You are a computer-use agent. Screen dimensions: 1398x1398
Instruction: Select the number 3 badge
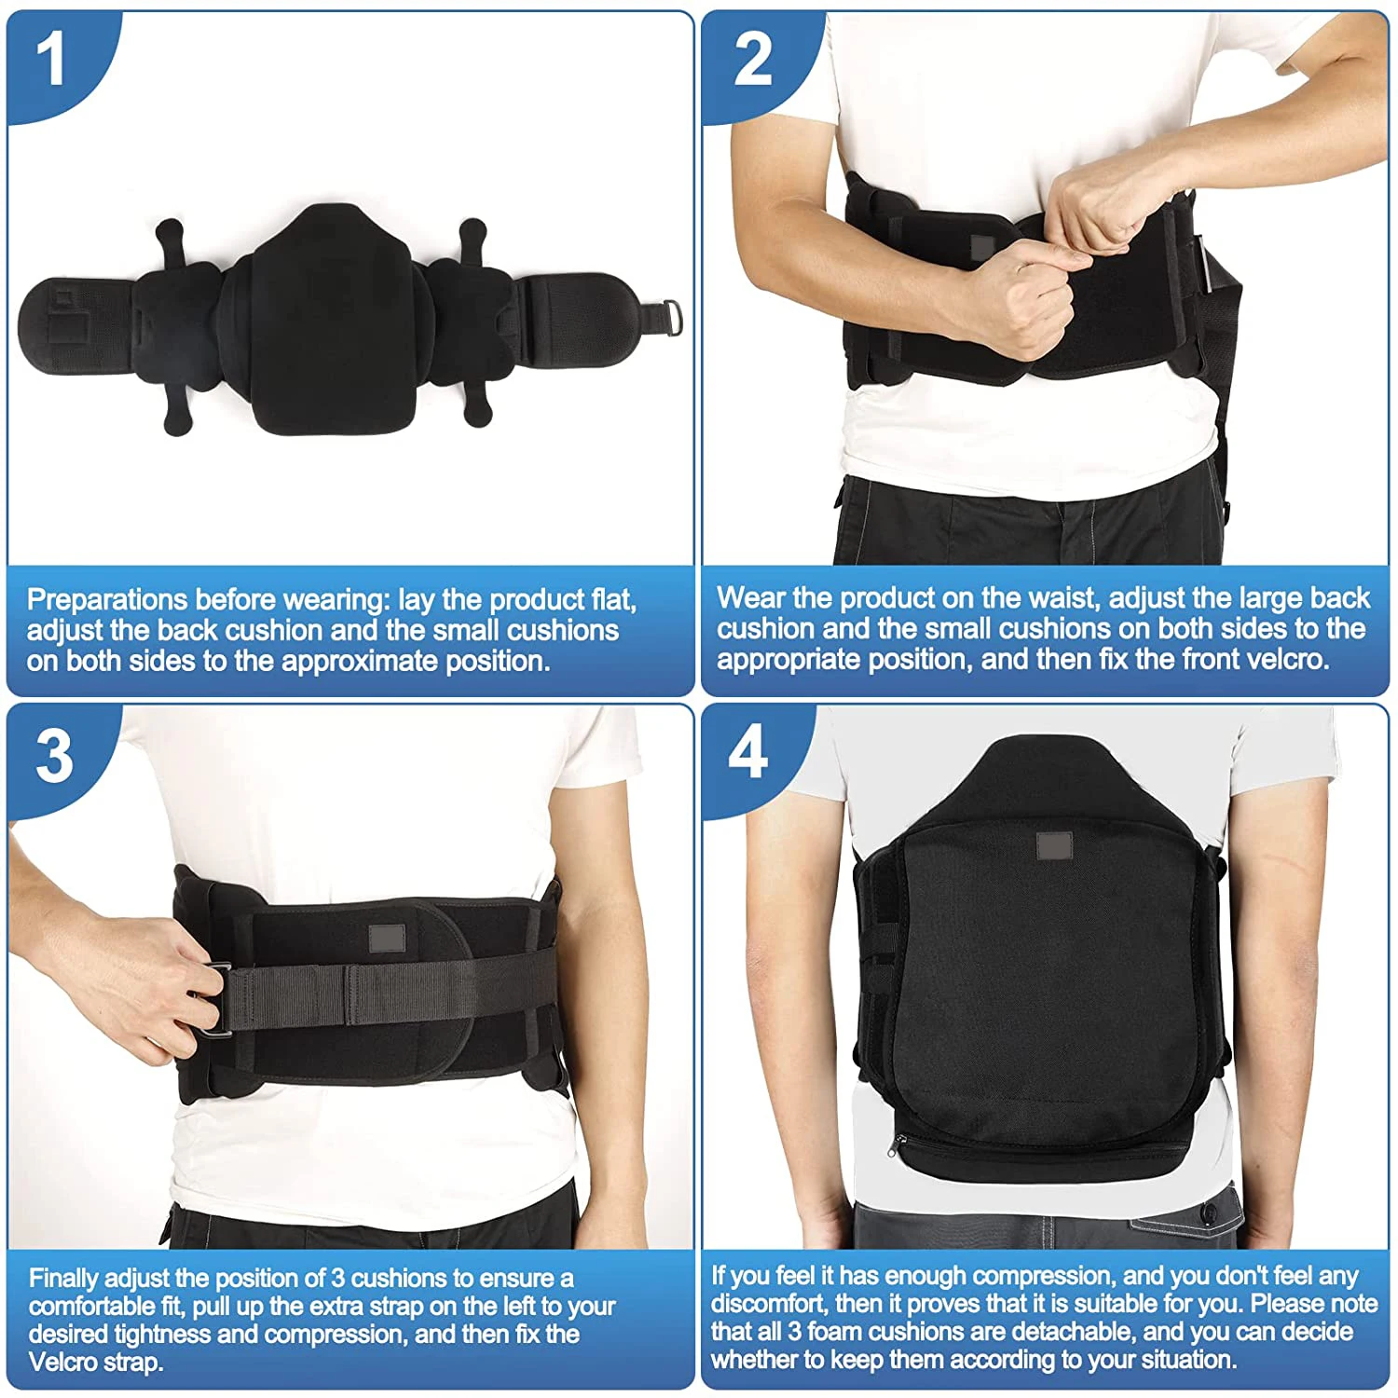54,755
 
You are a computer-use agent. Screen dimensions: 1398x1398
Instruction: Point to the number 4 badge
748,753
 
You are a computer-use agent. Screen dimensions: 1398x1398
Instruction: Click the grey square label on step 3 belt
387,939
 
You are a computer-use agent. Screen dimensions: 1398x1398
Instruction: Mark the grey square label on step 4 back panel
1054,847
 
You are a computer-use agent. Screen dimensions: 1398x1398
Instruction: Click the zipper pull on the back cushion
898,1147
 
